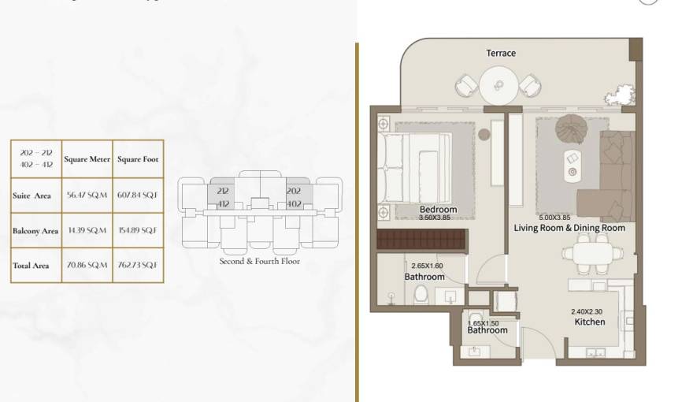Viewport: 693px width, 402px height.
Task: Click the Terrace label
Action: [x=501, y=53]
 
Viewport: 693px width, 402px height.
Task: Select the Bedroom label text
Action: [x=439, y=210]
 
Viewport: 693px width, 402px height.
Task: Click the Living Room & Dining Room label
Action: [x=569, y=228]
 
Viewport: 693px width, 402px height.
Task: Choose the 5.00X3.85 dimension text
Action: [x=559, y=218]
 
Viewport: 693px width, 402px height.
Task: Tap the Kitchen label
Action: [x=589, y=322]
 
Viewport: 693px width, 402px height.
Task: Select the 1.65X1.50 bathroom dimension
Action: [x=484, y=323]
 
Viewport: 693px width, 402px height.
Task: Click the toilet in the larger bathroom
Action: [x=421, y=295]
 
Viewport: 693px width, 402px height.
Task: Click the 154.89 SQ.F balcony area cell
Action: [x=138, y=230]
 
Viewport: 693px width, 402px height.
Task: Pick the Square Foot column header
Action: [x=138, y=159]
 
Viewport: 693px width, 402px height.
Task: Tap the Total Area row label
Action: [x=31, y=266]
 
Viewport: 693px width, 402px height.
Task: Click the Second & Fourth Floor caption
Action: [x=259, y=261]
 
